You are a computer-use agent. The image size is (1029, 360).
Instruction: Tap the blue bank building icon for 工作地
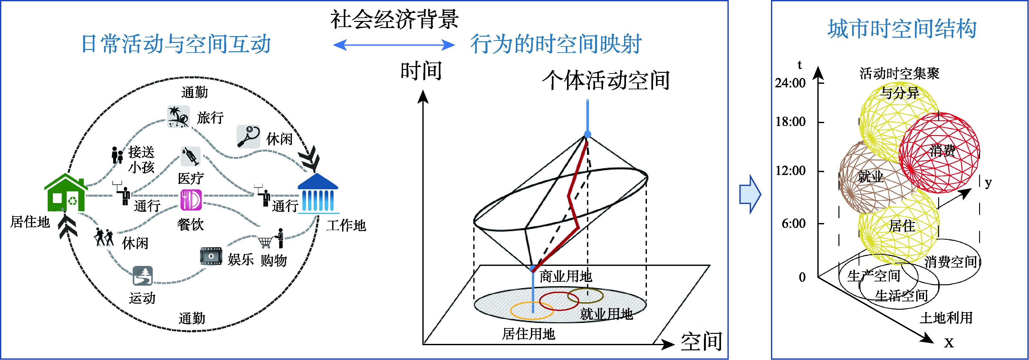point(318,193)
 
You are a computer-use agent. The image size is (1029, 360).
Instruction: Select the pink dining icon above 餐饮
point(191,199)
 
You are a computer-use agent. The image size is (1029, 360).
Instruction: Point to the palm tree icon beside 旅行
point(178,116)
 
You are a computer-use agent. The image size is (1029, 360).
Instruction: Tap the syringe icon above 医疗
point(190,156)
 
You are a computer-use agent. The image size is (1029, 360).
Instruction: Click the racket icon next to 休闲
point(248,136)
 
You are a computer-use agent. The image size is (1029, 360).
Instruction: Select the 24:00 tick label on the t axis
point(790,83)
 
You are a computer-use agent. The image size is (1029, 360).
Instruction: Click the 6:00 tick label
point(793,223)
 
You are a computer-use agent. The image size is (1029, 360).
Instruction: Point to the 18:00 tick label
point(790,122)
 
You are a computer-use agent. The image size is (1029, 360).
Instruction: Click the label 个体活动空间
point(606,80)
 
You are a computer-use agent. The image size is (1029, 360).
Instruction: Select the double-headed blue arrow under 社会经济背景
point(394,44)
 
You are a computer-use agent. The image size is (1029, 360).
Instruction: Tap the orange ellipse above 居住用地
point(532,310)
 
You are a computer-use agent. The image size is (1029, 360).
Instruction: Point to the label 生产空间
point(874,276)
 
